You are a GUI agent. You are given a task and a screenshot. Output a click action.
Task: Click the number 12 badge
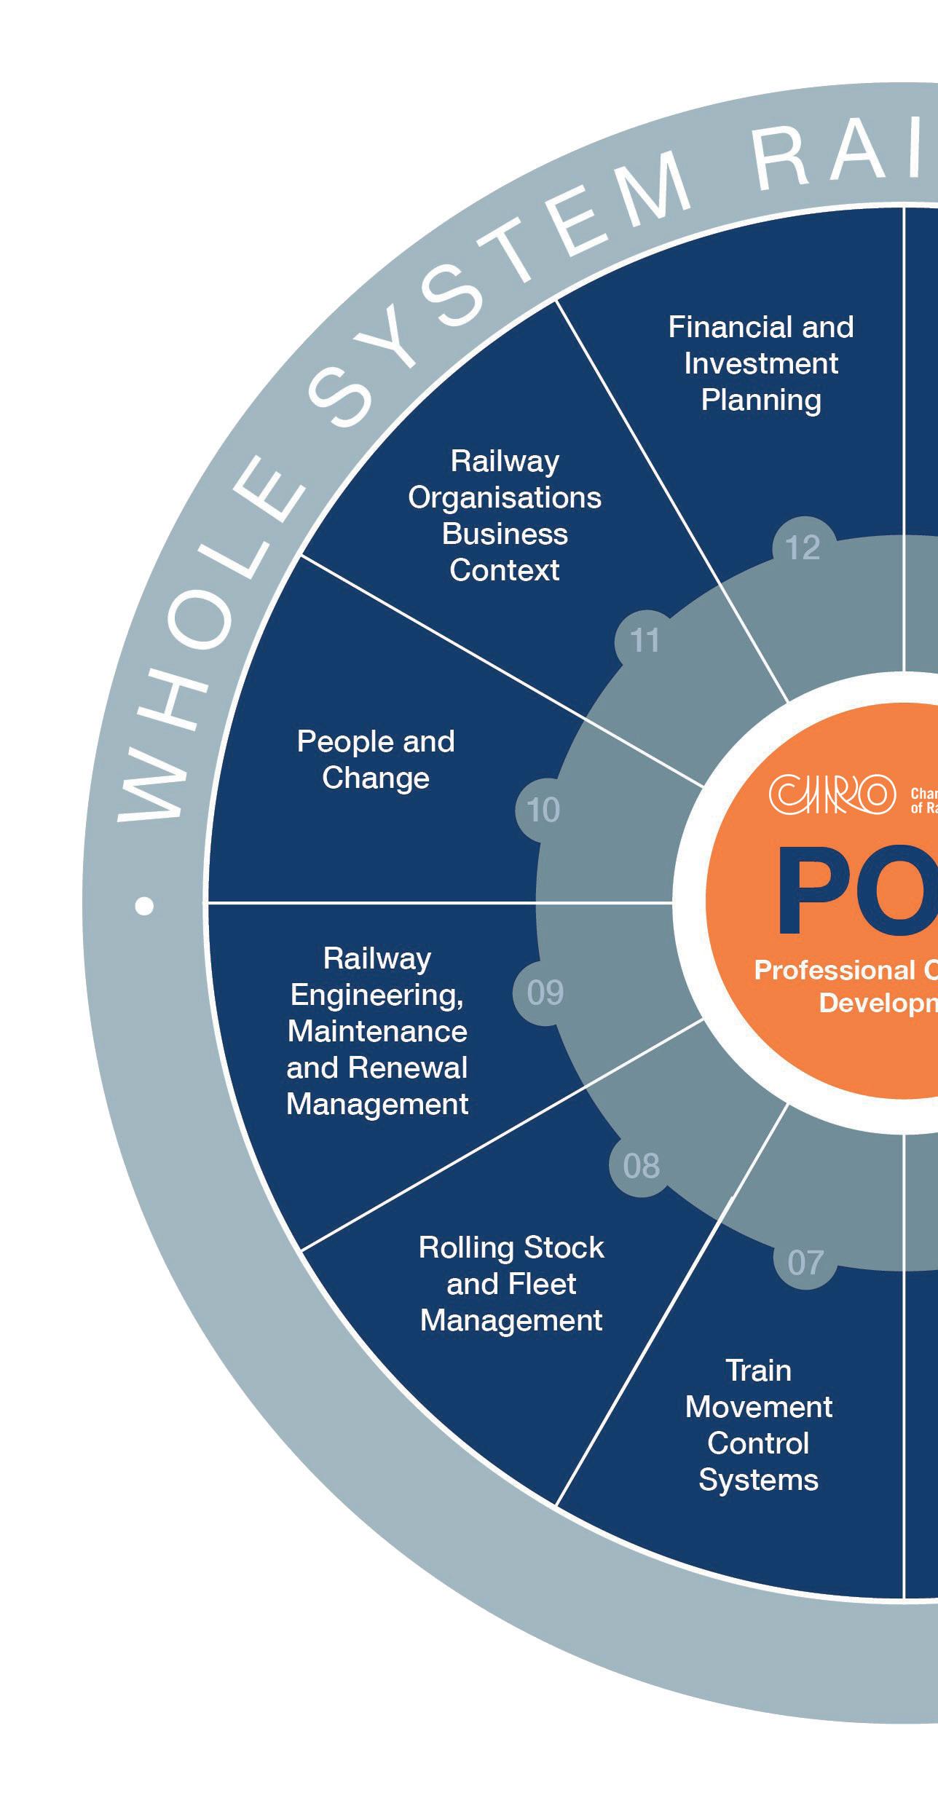point(803,548)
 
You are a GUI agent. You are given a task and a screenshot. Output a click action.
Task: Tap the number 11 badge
point(645,641)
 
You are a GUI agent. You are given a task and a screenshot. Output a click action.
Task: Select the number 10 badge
point(543,810)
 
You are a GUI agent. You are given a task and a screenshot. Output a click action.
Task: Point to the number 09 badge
point(545,993)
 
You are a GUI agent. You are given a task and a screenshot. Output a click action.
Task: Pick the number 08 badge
point(641,1166)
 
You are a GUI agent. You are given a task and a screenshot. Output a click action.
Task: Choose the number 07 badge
point(805,1263)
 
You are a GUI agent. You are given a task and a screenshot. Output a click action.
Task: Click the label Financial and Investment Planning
point(761,363)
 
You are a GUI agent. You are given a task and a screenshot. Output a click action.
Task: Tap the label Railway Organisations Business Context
point(505,516)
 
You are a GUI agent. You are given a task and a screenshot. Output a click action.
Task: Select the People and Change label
point(376,760)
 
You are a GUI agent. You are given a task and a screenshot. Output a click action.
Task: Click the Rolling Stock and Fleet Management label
point(511,1284)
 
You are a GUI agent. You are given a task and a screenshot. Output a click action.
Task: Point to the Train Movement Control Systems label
point(758,1425)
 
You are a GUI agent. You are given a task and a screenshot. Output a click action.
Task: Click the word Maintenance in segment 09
point(377,1031)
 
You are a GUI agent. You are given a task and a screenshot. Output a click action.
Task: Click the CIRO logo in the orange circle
point(832,794)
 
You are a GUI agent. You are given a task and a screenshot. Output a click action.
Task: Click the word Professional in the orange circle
point(835,970)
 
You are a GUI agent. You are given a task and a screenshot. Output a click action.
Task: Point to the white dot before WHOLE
point(145,905)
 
